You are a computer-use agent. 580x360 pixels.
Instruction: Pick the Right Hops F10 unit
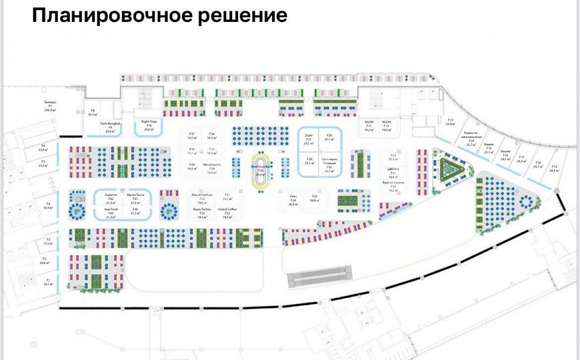point(149,125)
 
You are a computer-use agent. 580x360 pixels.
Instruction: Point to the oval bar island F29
point(261,170)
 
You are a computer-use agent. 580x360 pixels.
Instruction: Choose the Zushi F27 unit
point(308,139)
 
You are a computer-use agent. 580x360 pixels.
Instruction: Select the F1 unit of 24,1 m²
point(48,281)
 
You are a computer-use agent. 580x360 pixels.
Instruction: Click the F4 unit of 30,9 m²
point(47,205)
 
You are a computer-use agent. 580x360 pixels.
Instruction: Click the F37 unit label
point(191,136)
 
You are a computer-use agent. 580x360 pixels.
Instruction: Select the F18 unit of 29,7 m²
point(537,165)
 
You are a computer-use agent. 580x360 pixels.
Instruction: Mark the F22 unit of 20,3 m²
point(393,158)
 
